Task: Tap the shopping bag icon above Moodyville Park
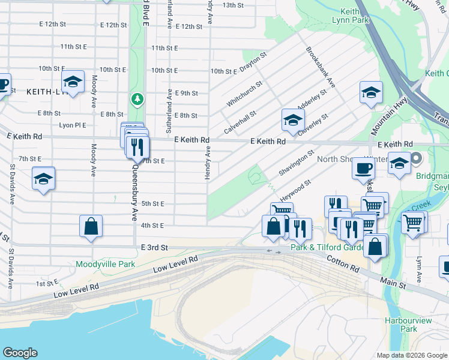[91, 227]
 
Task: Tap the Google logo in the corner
[20, 353]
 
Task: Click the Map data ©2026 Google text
[411, 355]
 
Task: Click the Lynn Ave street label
[419, 271]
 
